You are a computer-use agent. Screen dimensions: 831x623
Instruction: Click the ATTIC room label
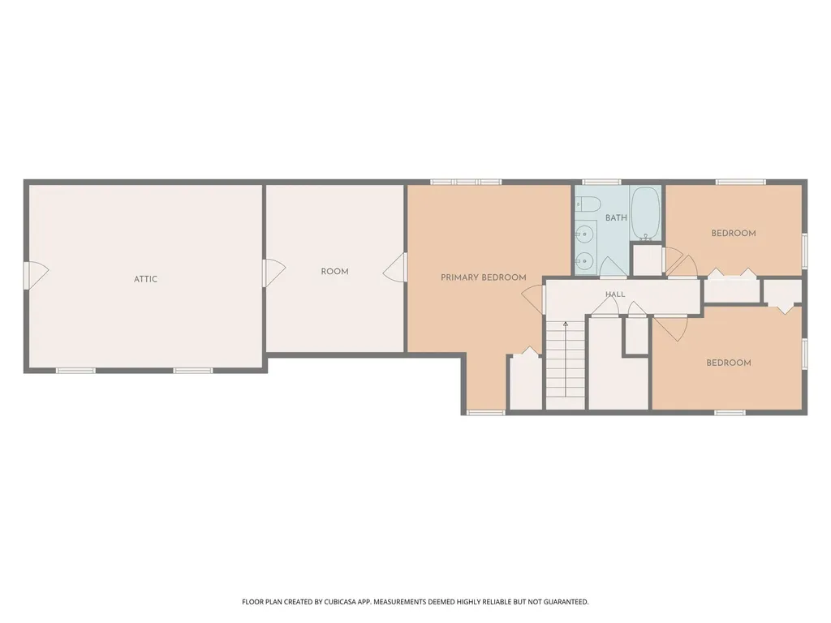146,279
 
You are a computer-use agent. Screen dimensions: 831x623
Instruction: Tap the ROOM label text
334,272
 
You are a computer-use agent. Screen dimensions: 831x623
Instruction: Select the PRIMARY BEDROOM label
484,277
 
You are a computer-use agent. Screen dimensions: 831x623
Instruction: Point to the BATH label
616,217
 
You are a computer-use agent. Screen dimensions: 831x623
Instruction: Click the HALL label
615,294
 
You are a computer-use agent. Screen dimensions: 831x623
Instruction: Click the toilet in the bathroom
588,204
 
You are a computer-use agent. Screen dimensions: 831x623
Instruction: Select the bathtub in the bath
645,213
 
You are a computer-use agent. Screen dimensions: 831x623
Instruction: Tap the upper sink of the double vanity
584,234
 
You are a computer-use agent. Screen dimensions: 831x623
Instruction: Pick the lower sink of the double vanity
584,260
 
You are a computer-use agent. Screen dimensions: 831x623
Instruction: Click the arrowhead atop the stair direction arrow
566,323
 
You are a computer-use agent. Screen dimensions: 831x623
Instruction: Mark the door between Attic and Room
273,273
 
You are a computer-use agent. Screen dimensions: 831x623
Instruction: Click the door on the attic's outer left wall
37,276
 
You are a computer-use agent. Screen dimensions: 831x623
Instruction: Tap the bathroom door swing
614,266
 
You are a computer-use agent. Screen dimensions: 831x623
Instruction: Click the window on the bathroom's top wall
601,183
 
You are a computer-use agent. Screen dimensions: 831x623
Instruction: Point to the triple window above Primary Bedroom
466,183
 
